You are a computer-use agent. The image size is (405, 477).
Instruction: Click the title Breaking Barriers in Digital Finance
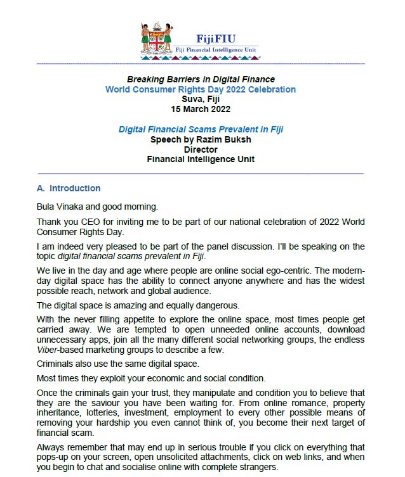201,80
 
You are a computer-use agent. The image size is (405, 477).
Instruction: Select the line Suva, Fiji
201,99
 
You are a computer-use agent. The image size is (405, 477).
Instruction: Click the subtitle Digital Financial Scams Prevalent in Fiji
201,129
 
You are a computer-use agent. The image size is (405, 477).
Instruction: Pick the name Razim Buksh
223,139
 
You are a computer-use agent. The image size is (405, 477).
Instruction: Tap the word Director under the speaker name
201,149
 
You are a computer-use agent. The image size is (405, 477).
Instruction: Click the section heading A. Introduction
69,188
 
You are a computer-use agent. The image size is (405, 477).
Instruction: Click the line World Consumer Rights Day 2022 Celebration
201,89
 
